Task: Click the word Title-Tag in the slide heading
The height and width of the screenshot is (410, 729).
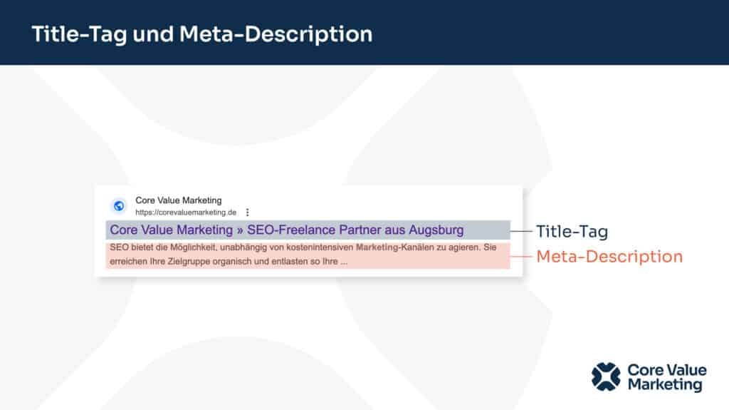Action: pyautogui.click(x=79, y=35)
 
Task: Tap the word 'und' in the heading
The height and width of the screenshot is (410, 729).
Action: pyautogui.click(x=153, y=34)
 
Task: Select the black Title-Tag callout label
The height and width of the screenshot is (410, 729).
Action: pyautogui.click(x=572, y=232)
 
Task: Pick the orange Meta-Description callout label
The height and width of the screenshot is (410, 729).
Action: pyautogui.click(x=609, y=257)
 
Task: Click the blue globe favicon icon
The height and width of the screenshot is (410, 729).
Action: pyautogui.click(x=119, y=205)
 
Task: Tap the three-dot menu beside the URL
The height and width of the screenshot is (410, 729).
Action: pyautogui.click(x=247, y=212)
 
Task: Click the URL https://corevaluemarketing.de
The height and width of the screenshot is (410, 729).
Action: pyautogui.click(x=186, y=212)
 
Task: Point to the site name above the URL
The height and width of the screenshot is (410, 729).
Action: pyautogui.click(x=179, y=200)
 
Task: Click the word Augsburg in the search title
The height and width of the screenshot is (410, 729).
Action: pyautogui.click(x=436, y=230)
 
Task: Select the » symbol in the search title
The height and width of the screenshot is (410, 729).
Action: pyautogui.click(x=240, y=230)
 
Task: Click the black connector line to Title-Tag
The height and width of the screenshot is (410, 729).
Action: pyautogui.click(x=520, y=230)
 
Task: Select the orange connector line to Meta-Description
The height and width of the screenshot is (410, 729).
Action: pyautogui.click(x=520, y=256)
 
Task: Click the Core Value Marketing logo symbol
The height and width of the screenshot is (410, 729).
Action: pyautogui.click(x=606, y=377)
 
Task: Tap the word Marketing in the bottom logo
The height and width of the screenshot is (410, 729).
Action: pyautogui.click(x=665, y=385)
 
